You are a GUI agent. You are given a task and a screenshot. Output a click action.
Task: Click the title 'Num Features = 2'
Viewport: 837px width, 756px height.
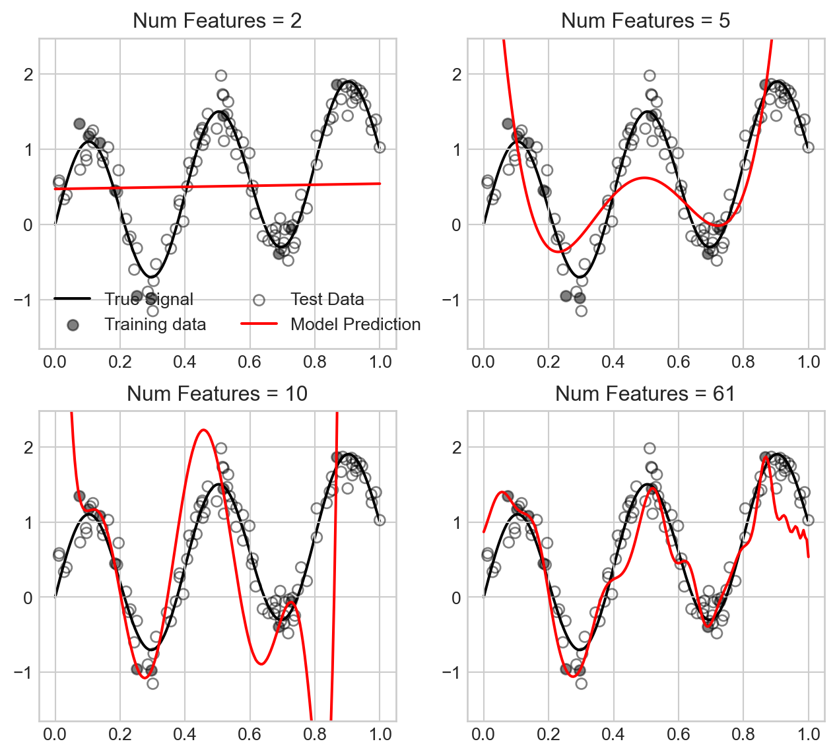(217, 20)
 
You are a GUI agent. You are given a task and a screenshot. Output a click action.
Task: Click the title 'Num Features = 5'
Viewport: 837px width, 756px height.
(646, 20)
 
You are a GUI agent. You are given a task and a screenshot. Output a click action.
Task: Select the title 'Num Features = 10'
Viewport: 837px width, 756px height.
(217, 394)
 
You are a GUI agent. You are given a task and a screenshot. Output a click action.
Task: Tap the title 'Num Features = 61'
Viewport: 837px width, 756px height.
(646, 394)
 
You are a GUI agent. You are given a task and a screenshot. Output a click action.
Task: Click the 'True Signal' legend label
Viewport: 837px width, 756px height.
(149, 299)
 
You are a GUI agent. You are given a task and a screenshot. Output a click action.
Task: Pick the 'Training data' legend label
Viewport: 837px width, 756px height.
(155, 324)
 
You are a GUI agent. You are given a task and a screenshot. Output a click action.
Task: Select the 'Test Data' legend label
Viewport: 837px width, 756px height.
(327, 299)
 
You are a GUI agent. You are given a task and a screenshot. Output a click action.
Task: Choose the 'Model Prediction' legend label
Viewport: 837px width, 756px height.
(355, 324)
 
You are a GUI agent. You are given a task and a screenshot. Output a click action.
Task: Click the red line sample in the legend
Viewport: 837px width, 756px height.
(259, 324)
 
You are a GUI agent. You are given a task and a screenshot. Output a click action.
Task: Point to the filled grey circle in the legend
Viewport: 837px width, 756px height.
(73, 324)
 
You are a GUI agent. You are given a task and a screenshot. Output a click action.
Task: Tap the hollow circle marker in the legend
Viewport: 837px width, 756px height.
(259, 300)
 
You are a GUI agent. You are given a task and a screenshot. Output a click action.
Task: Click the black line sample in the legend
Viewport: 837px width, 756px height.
(73, 299)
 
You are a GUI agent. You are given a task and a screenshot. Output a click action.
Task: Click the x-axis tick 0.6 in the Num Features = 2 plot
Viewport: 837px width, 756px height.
(250, 362)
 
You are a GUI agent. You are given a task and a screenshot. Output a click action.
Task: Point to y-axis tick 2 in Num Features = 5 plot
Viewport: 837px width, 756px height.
(455, 74)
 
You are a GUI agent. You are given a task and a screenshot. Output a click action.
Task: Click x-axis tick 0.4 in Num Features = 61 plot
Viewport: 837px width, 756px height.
(613, 734)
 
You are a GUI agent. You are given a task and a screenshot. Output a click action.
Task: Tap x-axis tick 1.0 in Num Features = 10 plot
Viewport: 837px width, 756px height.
(380, 734)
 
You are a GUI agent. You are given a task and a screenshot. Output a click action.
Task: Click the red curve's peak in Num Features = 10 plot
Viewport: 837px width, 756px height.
(203, 430)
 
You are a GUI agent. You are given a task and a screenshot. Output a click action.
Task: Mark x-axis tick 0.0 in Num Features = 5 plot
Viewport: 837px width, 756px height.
(484, 362)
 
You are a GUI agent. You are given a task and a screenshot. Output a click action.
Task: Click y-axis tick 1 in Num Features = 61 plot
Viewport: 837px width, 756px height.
(455, 522)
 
